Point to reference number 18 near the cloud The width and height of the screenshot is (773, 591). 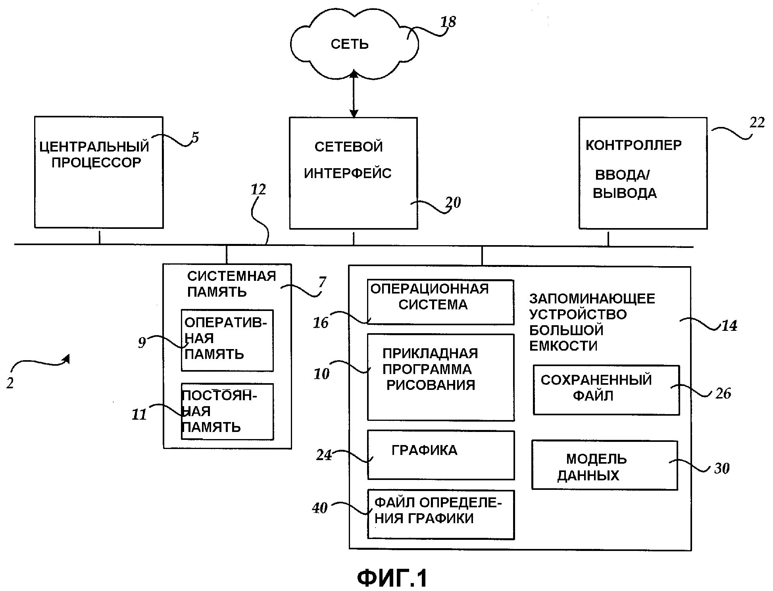click(x=448, y=22)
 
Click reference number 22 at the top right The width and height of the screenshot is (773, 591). click(x=757, y=123)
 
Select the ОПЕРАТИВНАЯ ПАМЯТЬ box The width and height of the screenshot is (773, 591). click(x=227, y=340)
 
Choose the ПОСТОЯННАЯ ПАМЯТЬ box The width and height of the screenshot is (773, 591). click(x=227, y=411)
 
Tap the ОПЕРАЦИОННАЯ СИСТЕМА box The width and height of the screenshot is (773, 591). click(x=440, y=302)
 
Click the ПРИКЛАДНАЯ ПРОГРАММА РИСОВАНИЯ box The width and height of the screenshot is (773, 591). click(x=440, y=377)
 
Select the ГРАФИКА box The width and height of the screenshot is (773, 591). click(x=440, y=455)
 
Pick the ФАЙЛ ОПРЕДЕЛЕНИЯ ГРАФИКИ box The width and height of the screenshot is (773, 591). click(x=440, y=514)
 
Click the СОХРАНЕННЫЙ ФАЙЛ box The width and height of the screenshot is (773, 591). click(x=606, y=390)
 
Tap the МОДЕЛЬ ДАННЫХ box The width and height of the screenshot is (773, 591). click(x=604, y=465)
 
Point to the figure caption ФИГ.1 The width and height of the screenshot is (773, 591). click(x=392, y=578)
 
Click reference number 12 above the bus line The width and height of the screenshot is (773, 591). click(x=258, y=190)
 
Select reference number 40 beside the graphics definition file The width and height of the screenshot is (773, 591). click(x=320, y=508)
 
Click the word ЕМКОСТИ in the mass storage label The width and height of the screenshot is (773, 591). click(x=563, y=346)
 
